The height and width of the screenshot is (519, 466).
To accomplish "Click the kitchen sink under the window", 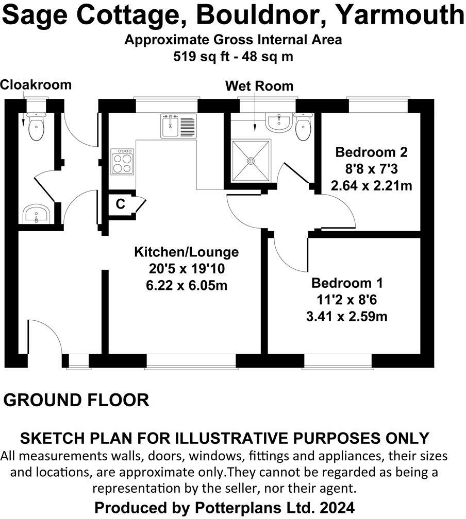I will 178,126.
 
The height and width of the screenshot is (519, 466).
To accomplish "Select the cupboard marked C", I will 121,204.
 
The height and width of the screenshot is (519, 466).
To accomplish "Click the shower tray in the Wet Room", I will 251,161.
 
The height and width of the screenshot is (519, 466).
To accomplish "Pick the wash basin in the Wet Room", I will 278,123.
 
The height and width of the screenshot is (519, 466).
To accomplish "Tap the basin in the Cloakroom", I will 36,213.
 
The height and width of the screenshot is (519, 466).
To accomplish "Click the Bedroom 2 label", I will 371,152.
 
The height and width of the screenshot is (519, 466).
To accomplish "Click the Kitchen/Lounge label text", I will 187,252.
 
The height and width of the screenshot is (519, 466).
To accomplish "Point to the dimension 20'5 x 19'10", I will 187,269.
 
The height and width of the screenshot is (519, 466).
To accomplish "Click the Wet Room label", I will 259,86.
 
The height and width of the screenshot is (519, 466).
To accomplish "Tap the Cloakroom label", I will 35,84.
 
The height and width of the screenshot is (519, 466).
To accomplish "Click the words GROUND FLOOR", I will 77,400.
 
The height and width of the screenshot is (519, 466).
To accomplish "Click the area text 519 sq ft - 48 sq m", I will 233,57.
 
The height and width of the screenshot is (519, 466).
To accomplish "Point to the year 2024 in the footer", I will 336,507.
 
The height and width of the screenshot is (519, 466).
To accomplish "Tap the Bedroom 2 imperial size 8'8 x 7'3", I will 371,169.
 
